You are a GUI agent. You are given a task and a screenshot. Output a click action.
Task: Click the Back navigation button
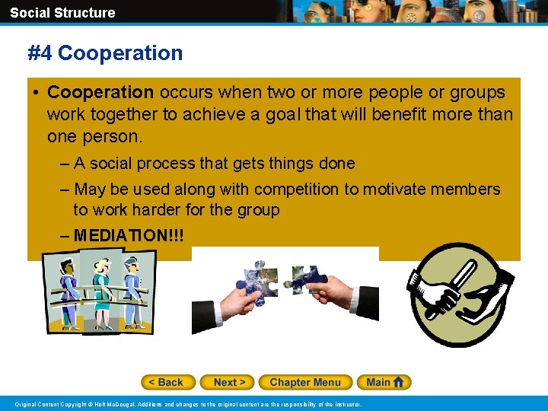[168, 382]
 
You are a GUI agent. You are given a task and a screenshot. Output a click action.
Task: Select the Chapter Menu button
[305, 382]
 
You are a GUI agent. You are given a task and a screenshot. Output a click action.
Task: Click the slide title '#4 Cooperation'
[105, 53]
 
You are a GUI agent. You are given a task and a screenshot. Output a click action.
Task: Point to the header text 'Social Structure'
[62, 12]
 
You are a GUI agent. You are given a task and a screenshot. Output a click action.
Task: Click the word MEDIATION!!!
[129, 235]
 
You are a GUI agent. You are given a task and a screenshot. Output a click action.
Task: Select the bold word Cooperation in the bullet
[100, 93]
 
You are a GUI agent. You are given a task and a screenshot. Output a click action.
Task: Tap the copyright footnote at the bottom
[188, 404]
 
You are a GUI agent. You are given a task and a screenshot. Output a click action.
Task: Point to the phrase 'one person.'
[94, 137]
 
